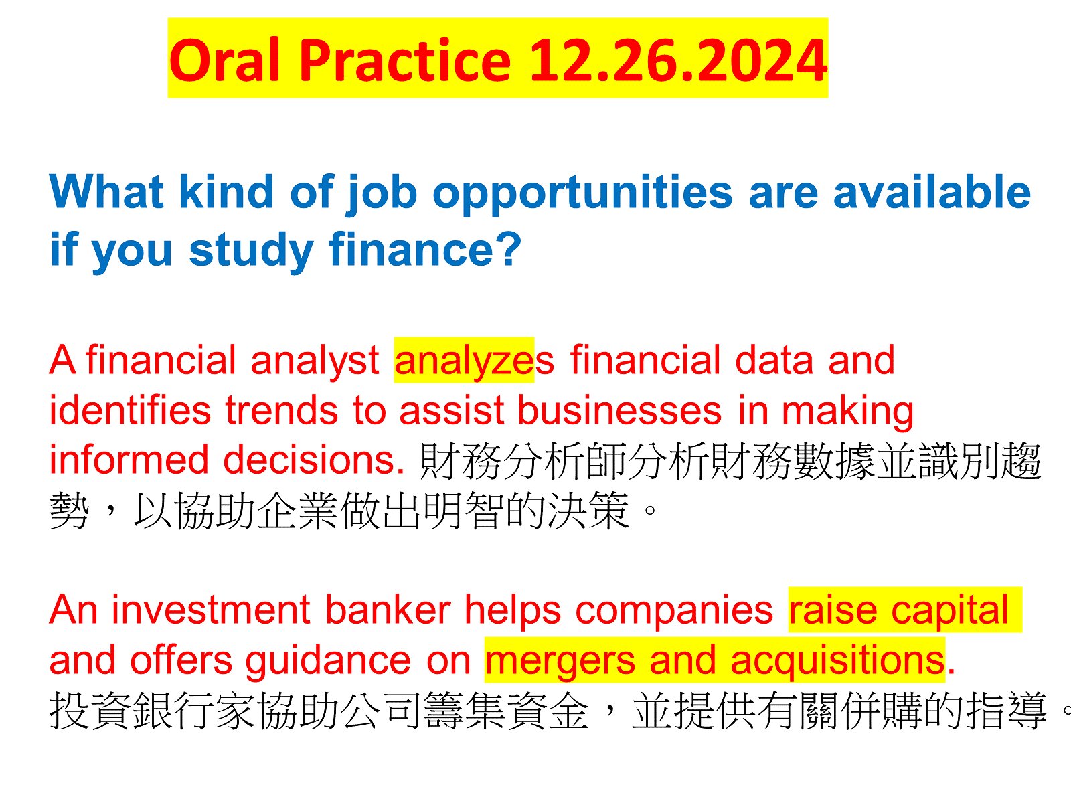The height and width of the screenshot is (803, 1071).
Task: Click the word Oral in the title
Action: pos(225,60)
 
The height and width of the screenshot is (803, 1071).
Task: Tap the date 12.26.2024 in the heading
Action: pos(678,60)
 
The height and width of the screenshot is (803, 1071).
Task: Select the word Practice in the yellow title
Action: pos(406,60)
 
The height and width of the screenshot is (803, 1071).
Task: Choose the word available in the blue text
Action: pos(932,191)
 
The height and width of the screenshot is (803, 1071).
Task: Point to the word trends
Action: pos(282,410)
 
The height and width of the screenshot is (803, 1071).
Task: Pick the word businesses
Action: pos(619,410)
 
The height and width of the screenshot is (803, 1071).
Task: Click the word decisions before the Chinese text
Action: pos(314,460)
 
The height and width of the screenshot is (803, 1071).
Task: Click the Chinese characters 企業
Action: pos(297,511)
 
